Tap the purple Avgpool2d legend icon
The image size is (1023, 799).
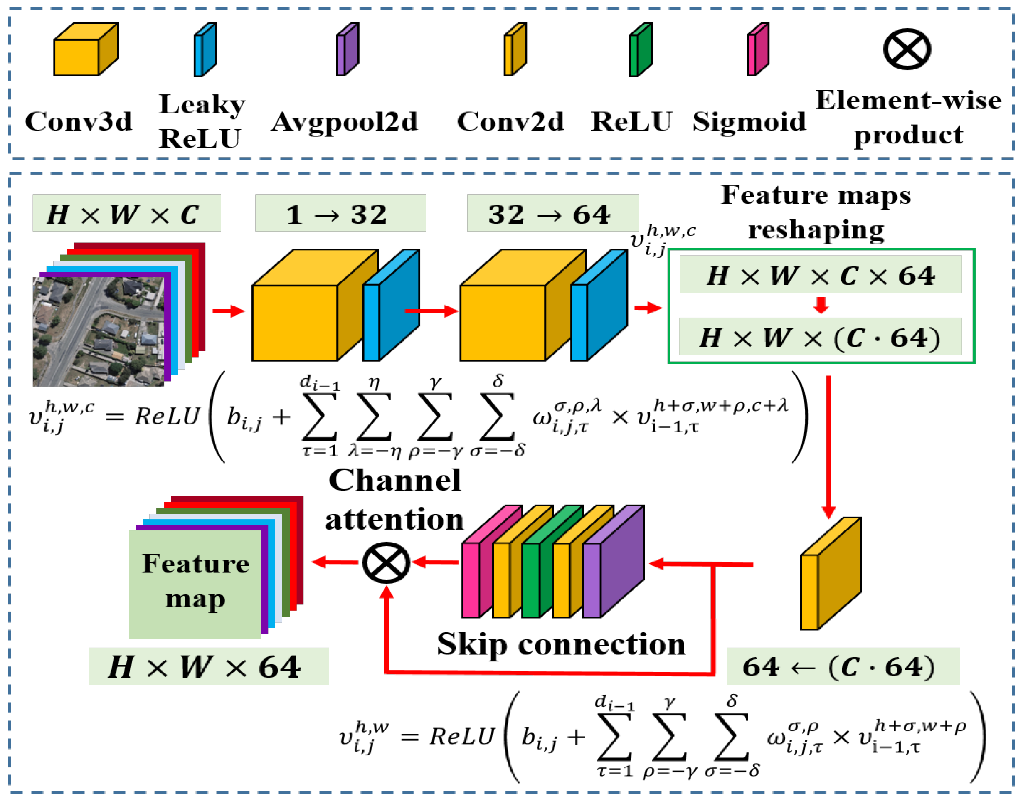pos(348,49)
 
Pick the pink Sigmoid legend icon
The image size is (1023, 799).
pos(758,49)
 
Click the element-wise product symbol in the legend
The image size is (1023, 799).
pos(907,49)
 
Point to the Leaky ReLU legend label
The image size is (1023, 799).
pos(202,121)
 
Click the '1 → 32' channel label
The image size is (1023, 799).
pos(340,214)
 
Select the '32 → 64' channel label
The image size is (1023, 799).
pos(553,214)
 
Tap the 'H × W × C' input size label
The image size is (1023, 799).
pos(126,214)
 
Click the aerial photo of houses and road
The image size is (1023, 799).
pos(98,331)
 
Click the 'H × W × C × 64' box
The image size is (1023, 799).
pos(821,275)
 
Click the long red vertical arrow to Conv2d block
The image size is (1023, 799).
pos(828,445)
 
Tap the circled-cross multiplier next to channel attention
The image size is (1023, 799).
pos(387,562)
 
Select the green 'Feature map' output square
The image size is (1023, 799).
pos(195,584)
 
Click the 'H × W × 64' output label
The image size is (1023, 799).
pos(208,666)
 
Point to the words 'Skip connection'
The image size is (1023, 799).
pos(561,644)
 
